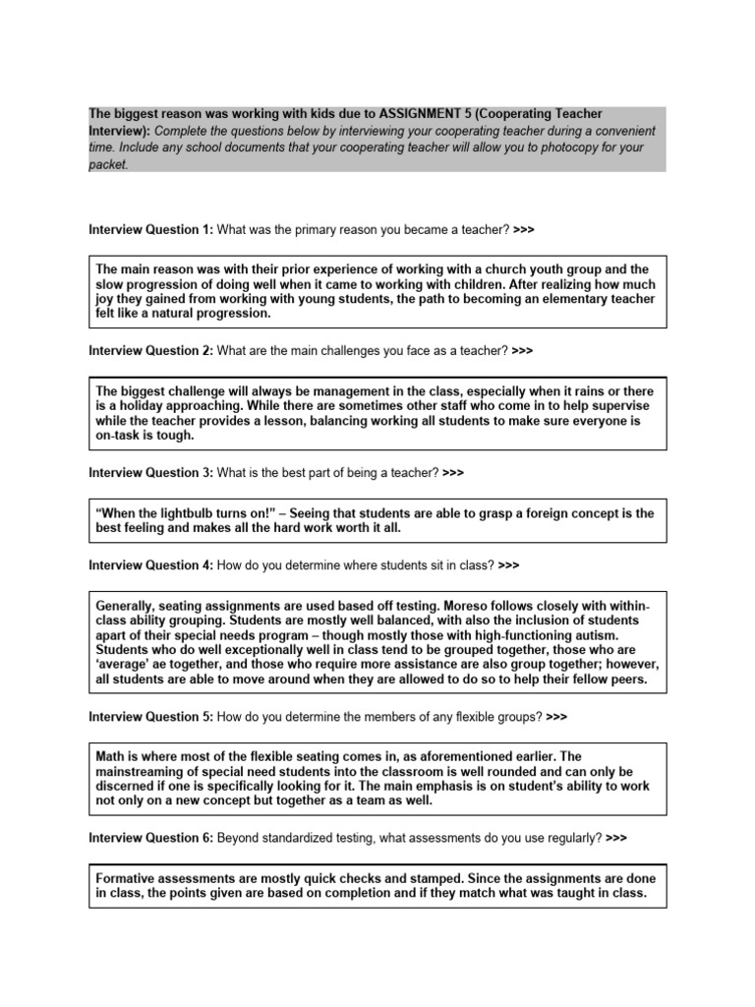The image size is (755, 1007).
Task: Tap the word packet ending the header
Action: point(107,164)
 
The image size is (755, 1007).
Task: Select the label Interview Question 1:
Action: point(150,229)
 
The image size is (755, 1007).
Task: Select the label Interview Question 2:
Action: point(150,350)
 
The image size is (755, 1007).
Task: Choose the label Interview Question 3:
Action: point(150,472)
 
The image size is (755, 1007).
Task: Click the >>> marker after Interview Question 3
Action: point(453,472)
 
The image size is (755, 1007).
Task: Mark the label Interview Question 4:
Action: point(150,565)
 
